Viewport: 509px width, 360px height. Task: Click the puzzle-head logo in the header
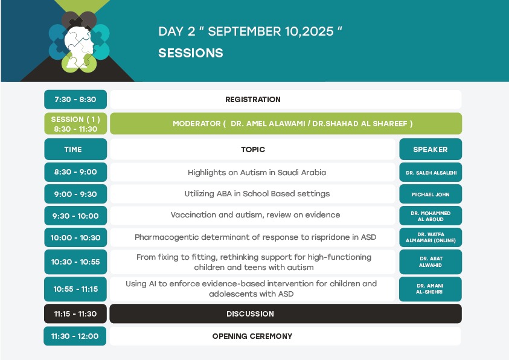79,42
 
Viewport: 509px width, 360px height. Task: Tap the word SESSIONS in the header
191,53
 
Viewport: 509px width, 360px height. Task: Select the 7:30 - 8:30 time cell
75,99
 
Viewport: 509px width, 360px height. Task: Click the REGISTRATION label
253,99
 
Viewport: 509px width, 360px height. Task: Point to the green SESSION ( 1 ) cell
75,124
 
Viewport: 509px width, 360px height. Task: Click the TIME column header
75,149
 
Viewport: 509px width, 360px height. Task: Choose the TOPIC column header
253,149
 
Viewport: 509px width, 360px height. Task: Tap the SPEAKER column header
431,149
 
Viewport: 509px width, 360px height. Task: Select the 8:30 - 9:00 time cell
75,172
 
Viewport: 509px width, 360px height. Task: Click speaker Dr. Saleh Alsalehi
431,172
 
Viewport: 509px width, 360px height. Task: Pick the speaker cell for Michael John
431,194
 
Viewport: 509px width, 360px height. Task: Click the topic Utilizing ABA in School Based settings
257,194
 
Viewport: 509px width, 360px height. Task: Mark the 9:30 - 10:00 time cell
75,216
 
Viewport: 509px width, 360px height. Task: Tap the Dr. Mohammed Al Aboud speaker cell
431,216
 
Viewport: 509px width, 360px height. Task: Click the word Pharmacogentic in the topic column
167,237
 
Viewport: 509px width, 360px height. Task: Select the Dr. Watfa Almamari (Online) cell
431,237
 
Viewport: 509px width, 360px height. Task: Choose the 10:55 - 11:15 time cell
75,289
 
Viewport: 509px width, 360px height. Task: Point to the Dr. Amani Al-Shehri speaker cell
431,289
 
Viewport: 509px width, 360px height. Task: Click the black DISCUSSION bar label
251,314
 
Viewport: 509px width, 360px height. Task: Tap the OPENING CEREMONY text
252,336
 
